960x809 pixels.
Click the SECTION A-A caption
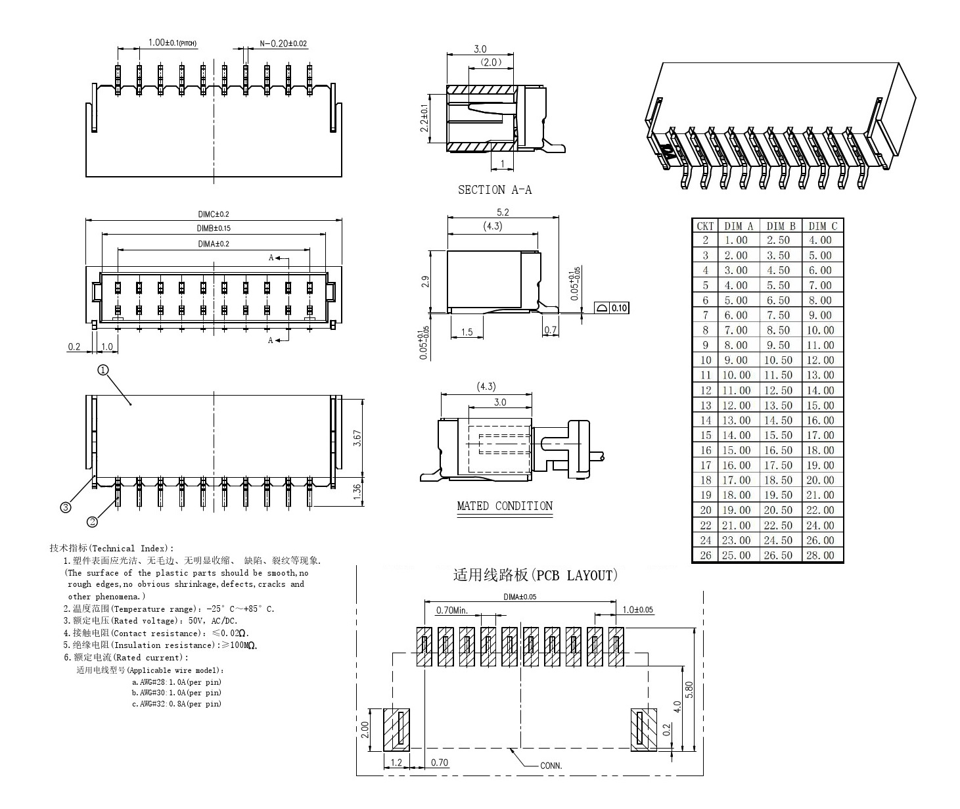click(x=494, y=190)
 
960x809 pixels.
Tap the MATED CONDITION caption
click(x=505, y=506)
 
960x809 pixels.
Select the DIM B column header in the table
click(x=781, y=226)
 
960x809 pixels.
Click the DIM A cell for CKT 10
click(x=736, y=360)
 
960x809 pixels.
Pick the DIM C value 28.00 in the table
click(x=820, y=555)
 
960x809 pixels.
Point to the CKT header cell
click(x=705, y=226)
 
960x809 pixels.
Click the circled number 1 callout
click(x=103, y=370)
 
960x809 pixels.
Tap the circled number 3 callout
click(x=65, y=507)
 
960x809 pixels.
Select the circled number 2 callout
click(x=92, y=522)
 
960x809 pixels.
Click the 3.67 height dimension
click(x=357, y=438)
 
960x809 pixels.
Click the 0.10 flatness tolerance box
click(x=618, y=308)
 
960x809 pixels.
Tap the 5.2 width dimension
click(x=503, y=212)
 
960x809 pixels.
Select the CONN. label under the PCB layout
click(x=551, y=766)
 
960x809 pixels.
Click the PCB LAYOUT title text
click(x=535, y=576)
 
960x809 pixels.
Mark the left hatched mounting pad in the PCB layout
click(x=396, y=729)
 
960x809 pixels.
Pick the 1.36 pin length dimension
click(x=357, y=492)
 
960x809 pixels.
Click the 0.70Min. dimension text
click(x=451, y=611)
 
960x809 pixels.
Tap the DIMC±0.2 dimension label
click(x=214, y=214)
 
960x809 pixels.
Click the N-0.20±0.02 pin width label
click(x=283, y=43)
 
